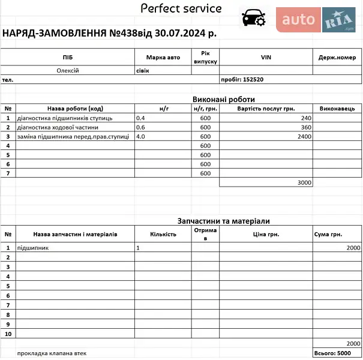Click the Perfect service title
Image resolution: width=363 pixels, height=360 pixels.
point(181,8)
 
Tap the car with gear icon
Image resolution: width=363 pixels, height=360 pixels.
point(253,19)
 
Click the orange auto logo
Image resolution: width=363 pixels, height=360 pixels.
point(298,20)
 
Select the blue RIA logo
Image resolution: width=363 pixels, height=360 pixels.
point(339,20)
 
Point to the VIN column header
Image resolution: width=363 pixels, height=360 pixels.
point(266,57)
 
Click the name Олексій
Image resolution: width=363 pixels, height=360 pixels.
point(68,71)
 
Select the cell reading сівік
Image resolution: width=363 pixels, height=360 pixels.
point(143,71)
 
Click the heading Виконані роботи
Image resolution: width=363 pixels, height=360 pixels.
point(224,100)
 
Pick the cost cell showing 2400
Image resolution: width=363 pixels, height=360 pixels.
point(304,137)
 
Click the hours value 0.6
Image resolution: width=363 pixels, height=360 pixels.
point(141,127)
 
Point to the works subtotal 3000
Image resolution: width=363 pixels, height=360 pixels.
point(304,182)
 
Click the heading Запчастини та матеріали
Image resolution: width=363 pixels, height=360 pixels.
point(224,221)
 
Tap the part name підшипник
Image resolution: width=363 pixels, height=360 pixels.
point(33,247)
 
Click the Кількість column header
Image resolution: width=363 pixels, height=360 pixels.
point(163,235)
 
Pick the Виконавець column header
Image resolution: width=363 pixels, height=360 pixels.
point(337,109)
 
